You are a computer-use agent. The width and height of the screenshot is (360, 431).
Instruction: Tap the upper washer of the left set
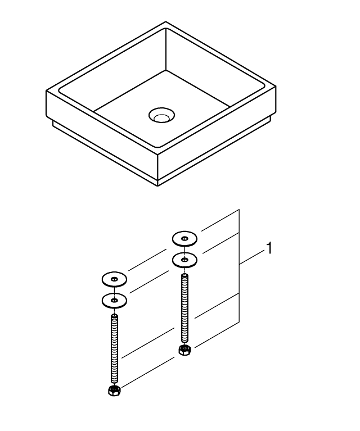(114, 279)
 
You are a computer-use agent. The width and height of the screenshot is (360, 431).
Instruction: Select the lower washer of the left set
(114, 301)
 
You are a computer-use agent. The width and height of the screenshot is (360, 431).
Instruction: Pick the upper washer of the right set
(184, 239)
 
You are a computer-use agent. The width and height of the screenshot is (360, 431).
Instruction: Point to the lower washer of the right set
(184, 260)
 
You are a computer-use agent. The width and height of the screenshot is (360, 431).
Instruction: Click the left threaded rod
(114, 348)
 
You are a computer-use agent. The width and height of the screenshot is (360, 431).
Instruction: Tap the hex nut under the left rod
(114, 391)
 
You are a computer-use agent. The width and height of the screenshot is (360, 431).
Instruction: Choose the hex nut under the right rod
(184, 350)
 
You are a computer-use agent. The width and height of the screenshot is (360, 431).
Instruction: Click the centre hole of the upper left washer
(114, 279)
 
